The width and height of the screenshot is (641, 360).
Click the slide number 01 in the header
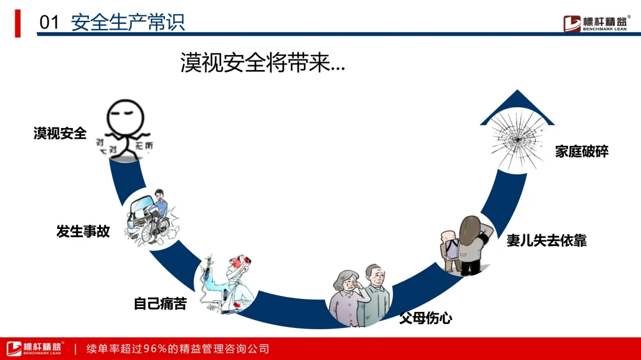[49, 23]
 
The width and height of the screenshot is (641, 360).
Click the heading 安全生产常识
[128, 22]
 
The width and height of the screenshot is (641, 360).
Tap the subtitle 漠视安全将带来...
[262, 62]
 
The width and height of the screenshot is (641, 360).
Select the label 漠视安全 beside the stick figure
[60, 133]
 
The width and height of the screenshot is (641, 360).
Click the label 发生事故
[83, 231]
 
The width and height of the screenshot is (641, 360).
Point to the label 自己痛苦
[160, 304]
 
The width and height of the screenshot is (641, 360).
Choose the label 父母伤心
[426, 318]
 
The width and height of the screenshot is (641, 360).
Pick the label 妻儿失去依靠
[546, 240]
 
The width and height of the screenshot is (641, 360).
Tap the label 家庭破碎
[582, 151]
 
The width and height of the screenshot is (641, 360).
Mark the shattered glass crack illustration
[516, 139]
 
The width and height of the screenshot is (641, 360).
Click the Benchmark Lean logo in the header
[596, 23]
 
